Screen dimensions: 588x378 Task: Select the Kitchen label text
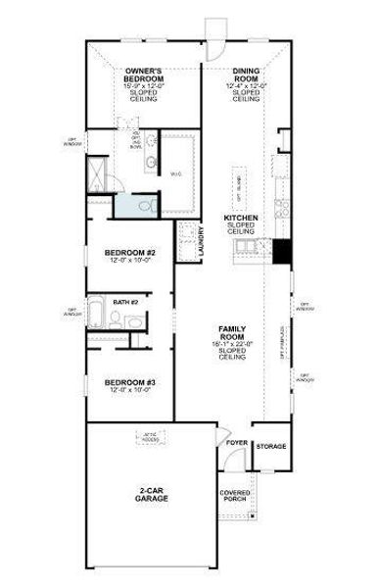click(x=240, y=218)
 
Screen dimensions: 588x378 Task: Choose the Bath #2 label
click(x=124, y=303)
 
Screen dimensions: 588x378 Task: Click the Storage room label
click(x=271, y=447)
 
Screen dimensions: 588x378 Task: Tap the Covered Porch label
click(x=235, y=496)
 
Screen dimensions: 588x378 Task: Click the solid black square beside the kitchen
click(x=282, y=252)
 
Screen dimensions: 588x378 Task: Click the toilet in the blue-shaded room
click(x=144, y=207)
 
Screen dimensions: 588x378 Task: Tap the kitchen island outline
click(x=239, y=183)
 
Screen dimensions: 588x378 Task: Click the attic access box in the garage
click(x=151, y=439)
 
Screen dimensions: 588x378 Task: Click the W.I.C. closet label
click(x=176, y=173)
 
